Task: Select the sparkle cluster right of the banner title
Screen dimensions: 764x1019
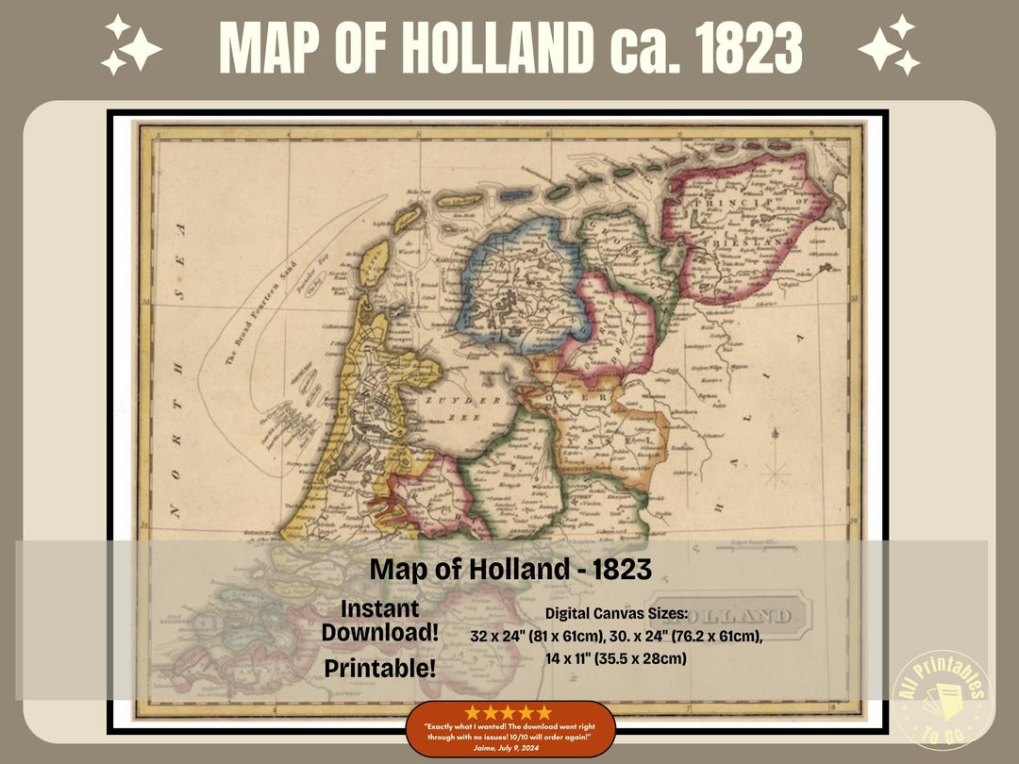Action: [x=888, y=44]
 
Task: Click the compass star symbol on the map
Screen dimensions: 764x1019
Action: [x=775, y=468]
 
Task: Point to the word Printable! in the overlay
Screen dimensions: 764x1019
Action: [x=379, y=668]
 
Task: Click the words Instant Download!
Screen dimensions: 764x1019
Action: [x=379, y=620]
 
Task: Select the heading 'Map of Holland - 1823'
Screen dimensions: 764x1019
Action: [x=510, y=570]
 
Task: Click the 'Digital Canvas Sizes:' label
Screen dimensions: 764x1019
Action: [x=616, y=614]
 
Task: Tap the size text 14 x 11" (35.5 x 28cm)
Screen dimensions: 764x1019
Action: [x=616, y=658]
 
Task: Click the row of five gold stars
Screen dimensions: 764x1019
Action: [x=510, y=713]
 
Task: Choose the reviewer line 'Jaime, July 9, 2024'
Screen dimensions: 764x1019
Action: [x=510, y=746]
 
